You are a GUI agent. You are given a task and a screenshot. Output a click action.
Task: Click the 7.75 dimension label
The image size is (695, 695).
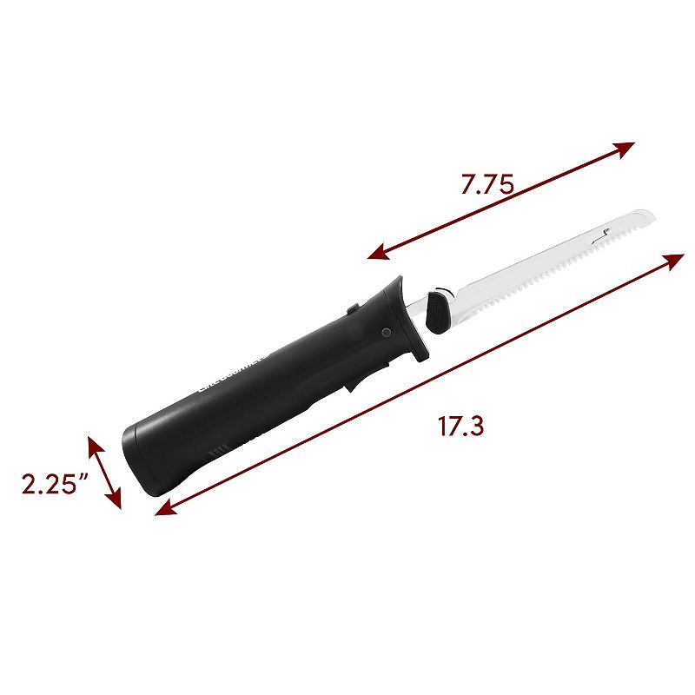click(487, 185)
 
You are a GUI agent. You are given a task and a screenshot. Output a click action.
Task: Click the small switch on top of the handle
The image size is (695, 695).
click(349, 308)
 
